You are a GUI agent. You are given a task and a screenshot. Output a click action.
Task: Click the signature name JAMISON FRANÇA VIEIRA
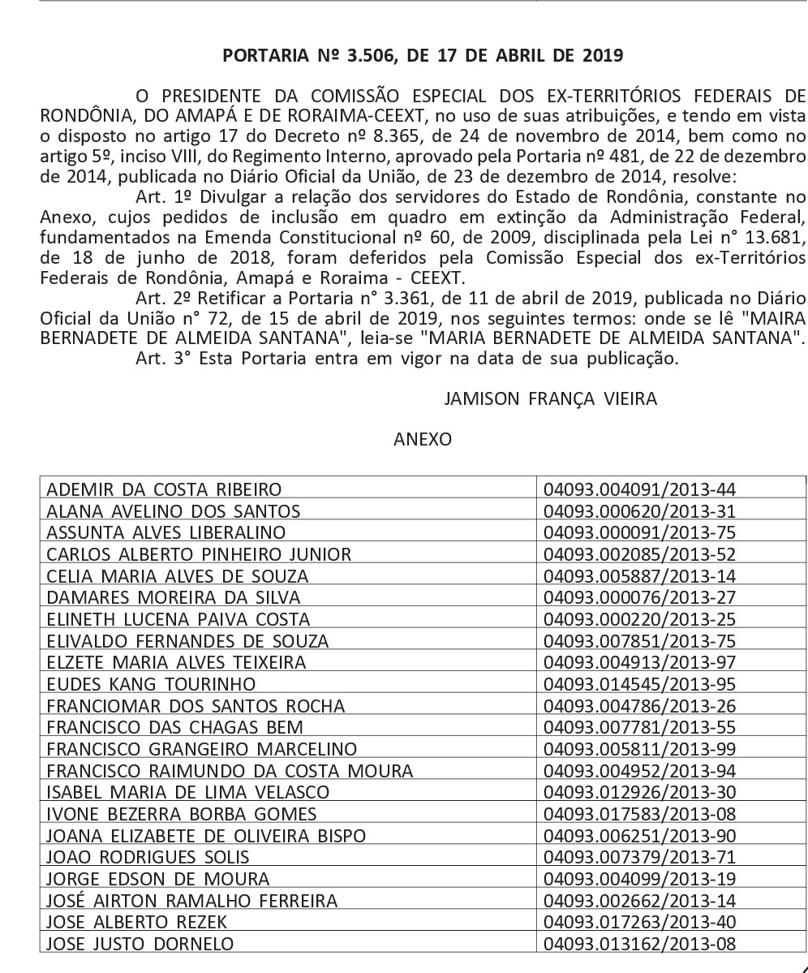(551, 398)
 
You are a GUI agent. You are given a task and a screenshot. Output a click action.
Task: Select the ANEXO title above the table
(422, 439)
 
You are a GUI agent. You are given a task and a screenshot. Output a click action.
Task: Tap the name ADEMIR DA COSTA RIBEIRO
(165, 489)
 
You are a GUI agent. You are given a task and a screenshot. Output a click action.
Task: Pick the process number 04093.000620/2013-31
(640, 511)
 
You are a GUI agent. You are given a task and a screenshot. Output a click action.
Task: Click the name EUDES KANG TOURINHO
(151, 684)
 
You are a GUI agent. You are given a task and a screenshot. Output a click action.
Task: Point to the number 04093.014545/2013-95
(640, 684)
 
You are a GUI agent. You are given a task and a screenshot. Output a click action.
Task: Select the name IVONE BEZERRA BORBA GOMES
(182, 813)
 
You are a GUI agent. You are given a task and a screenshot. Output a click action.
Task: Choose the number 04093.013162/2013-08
(640, 943)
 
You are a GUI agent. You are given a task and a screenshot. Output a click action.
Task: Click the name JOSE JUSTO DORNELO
(140, 943)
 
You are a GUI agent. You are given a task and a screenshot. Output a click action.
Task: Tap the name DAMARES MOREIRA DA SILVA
(174, 597)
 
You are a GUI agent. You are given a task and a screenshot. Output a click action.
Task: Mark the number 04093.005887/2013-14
(640, 576)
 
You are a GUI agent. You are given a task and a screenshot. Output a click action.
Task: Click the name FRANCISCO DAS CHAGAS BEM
(175, 727)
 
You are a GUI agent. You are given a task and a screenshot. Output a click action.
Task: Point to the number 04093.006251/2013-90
(640, 835)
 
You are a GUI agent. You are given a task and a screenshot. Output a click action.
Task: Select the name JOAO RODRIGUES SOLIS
(148, 857)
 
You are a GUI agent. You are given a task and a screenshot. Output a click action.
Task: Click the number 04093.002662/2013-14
(640, 900)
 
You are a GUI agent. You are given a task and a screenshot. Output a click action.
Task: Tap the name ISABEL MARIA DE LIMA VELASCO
(188, 792)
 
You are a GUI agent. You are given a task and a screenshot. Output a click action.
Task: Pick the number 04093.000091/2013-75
(640, 532)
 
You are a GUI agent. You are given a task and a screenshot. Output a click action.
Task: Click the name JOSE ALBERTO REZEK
(137, 922)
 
